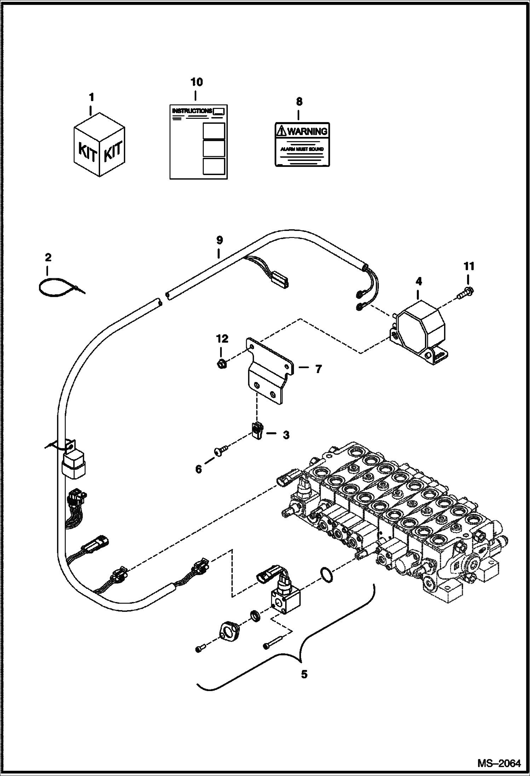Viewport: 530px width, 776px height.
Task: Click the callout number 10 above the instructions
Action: tap(197, 82)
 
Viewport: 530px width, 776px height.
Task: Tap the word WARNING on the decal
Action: tap(307, 131)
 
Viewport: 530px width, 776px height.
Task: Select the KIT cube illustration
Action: tap(99, 145)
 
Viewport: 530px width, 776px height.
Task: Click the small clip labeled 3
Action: tap(257, 431)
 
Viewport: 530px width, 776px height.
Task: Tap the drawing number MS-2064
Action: tap(499, 762)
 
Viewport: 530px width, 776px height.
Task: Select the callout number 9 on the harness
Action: tap(219, 241)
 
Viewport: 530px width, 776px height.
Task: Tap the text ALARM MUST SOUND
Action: tap(302, 149)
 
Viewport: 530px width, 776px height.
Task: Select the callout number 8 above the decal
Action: tap(299, 102)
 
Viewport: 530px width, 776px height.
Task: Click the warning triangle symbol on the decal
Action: tap(281, 132)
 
